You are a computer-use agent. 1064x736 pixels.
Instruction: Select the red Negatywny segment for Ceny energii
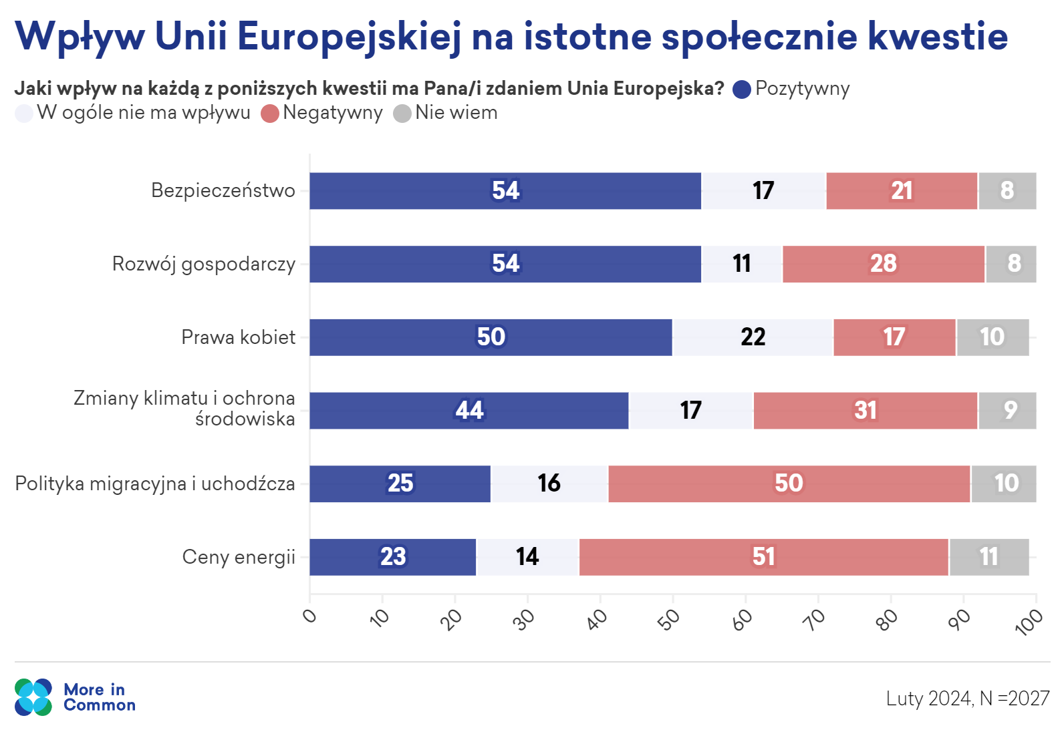(x=763, y=557)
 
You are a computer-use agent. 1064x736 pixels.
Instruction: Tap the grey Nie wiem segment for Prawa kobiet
(x=992, y=337)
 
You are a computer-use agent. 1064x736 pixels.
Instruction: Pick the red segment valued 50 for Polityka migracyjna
(x=789, y=484)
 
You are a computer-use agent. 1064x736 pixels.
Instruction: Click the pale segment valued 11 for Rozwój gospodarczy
(x=742, y=264)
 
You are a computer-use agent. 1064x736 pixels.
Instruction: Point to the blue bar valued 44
(x=469, y=411)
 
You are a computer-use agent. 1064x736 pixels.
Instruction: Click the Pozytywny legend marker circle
(x=742, y=89)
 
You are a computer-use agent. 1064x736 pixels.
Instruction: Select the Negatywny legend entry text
(x=332, y=113)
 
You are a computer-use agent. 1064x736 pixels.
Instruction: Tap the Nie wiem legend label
(x=456, y=113)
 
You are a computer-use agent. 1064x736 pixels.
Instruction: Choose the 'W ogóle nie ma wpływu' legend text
(x=143, y=113)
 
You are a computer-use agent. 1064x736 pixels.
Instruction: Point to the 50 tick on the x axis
(x=669, y=619)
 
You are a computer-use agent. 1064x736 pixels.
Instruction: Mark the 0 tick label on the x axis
(x=309, y=615)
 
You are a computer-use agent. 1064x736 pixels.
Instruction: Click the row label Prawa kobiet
(x=238, y=337)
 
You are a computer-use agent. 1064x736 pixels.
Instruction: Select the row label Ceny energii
(x=239, y=557)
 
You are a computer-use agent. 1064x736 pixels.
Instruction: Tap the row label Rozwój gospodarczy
(x=203, y=264)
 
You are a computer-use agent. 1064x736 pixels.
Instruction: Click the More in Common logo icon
(x=33, y=697)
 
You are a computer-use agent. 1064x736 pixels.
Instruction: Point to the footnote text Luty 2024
(x=928, y=699)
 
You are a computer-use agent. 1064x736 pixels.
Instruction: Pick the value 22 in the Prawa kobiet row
(x=753, y=337)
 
